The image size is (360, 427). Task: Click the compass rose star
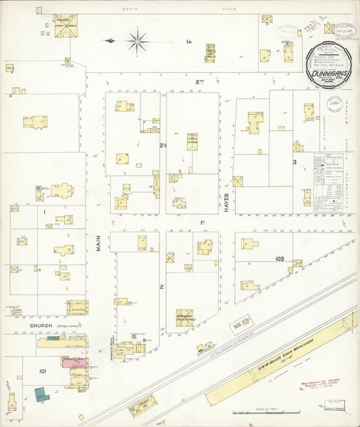pyautogui.click(x=137, y=41)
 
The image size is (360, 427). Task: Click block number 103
pyautogui.click(x=280, y=259)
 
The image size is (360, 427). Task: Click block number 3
pyautogui.click(x=294, y=162)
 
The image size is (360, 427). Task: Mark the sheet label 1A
pyautogui.click(x=189, y=42)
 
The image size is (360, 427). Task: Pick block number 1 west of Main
pyautogui.click(x=44, y=212)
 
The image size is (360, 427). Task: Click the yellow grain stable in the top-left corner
pyautogui.click(x=66, y=22)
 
